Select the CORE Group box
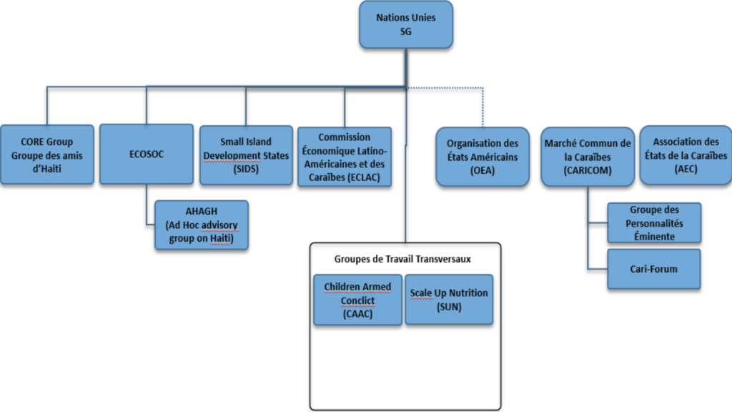coord(46,154)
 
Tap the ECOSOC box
coord(146,154)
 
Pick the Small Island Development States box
coord(246,155)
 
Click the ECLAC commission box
coord(344,157)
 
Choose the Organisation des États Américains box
coord(483,157)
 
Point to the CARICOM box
coord(587,157)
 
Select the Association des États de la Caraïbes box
coord(685,154)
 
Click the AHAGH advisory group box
coord(202,225)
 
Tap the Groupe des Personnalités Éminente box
coord(653,223)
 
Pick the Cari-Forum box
coord(653,269)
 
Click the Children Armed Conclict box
coord(357,300)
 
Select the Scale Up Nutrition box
coord(449,300)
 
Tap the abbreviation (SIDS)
coord(246,169)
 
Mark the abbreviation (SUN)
coord(449,307)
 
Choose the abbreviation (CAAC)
coord(357,313)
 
